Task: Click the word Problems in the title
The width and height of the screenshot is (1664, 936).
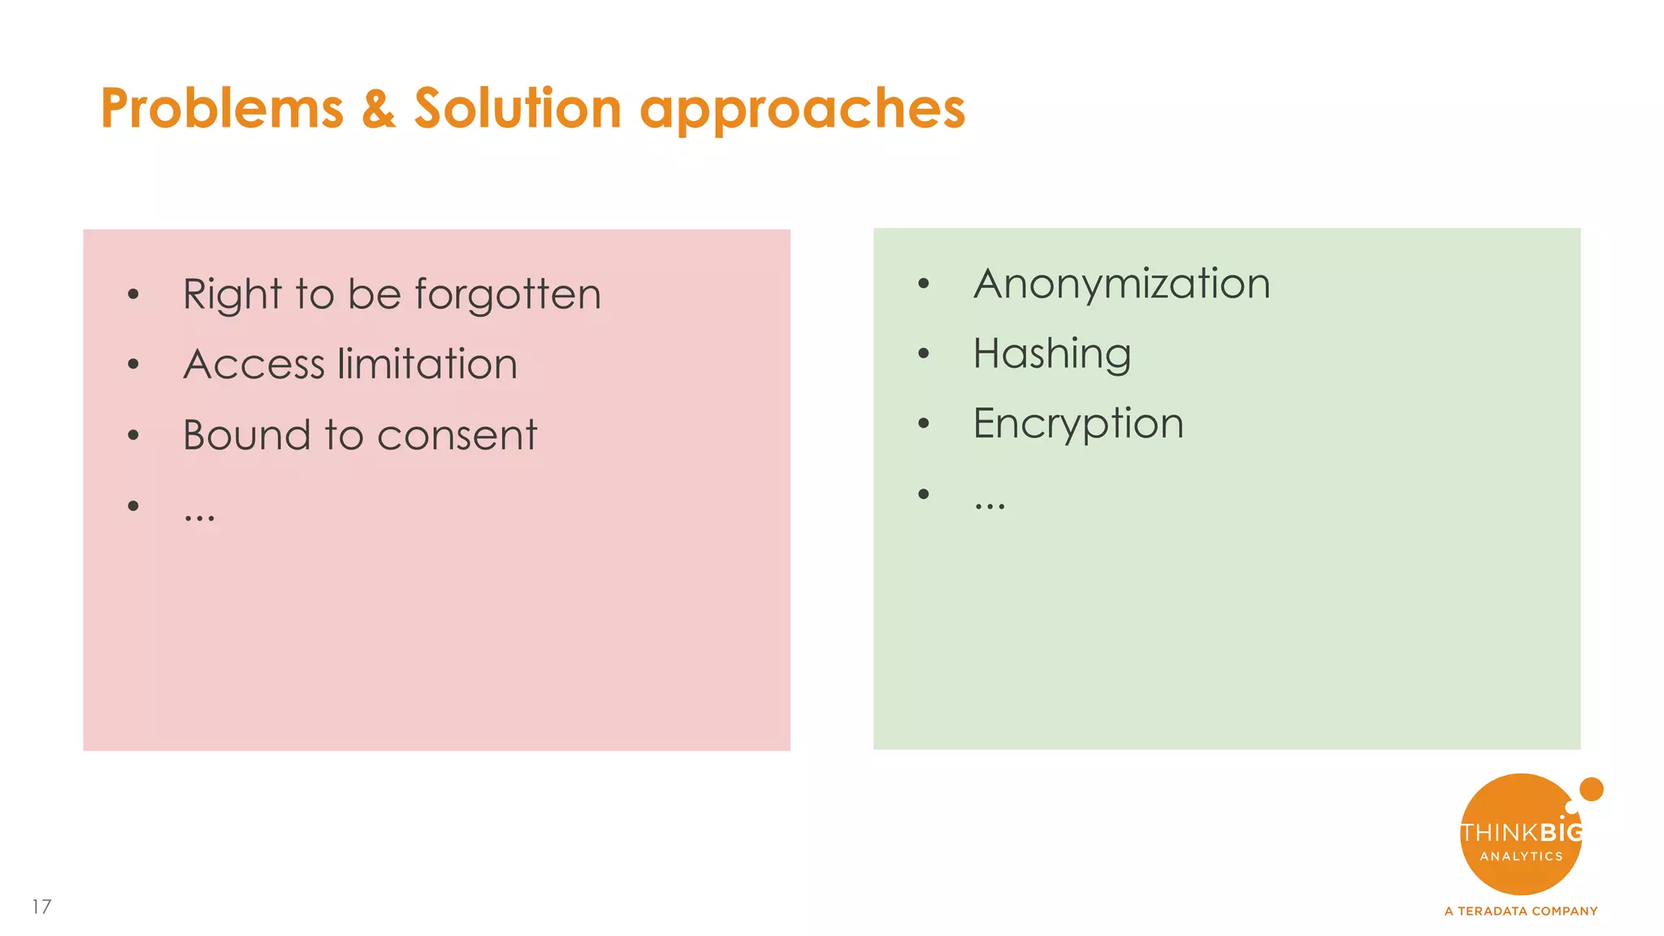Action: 222,108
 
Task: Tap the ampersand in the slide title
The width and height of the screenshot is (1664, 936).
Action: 379,108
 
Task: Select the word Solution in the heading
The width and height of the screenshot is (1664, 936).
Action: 518,108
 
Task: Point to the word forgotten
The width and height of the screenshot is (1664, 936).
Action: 508,294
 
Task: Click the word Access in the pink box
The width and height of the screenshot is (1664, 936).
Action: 253,364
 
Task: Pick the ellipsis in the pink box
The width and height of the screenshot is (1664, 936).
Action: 199,517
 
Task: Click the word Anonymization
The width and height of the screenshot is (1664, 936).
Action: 1121,284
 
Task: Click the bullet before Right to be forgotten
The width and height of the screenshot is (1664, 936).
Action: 133,295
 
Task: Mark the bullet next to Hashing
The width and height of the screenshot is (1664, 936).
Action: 923,353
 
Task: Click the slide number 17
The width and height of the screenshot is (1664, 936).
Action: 42,907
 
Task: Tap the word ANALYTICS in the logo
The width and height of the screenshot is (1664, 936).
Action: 1520,856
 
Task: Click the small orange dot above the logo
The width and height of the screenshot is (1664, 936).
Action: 1591,789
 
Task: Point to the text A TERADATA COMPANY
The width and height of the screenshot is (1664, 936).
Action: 1520,912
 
